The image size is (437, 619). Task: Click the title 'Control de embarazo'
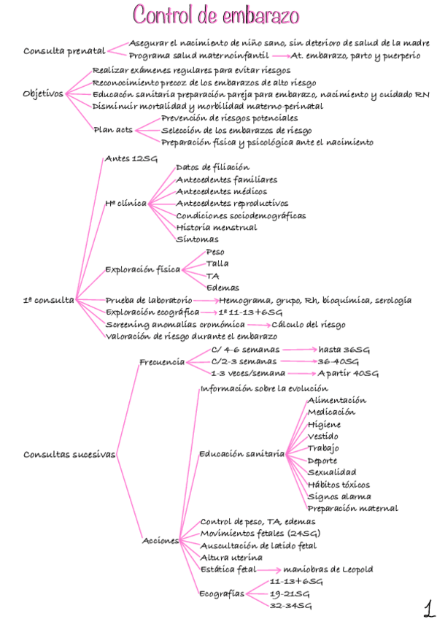[x=216, y=15]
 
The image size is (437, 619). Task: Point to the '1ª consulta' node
[x=48, y=299]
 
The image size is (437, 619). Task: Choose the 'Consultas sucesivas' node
[x=69, y=454]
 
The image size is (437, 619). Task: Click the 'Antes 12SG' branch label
[x=131, y=158]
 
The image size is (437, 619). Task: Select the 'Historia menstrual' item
[x=217, y=227]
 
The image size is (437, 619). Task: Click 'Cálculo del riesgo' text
[x=309, y=324]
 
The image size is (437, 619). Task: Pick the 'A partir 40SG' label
[x=348, y=373]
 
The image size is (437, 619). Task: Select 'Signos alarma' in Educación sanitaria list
[x=339, y=496]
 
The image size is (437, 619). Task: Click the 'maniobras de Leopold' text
[x=329, y=569]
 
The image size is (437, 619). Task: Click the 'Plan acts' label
[x=113, y=129]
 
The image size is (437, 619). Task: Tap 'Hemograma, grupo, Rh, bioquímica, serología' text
[x=315, y=300]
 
